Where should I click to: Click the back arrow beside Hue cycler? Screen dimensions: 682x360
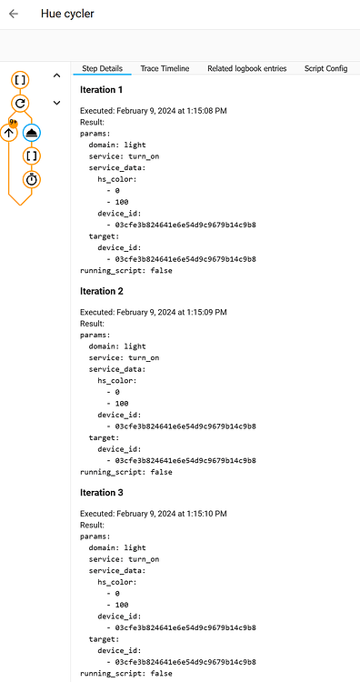click(x=14, y=14)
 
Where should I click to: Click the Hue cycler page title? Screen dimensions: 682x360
click(x=67, y=14)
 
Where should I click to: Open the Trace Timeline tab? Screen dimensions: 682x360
click(x=165, y=68)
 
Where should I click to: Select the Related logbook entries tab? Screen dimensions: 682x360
click(x=246, y=68)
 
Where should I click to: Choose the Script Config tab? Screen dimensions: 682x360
click(x=325, y=68)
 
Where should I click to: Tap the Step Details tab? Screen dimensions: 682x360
click(x=102, y=68)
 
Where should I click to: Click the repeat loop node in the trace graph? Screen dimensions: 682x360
click(x=21, y=104)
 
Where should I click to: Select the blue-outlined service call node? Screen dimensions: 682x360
click(x=31, y=132)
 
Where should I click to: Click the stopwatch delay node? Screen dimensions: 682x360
click(x=31, y=179)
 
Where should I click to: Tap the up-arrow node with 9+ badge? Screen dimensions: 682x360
click(x=9, y=133)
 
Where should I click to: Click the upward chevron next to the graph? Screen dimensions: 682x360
click(x=56, y=75)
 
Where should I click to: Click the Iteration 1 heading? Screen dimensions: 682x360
click(x=102, y=90)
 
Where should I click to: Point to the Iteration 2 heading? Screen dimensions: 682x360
click(x=102, y=291)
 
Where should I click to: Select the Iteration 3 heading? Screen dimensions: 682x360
click(x=102, y=492)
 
